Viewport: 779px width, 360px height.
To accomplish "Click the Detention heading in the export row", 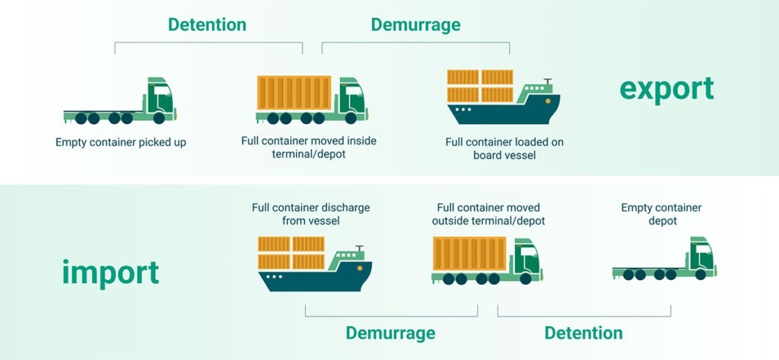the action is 207,24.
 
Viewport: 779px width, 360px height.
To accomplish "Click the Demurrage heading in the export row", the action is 416,25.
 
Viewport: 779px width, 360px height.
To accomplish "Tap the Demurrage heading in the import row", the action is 390,333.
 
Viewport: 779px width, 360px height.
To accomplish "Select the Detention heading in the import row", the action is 583,333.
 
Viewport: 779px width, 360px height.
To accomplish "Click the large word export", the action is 666,90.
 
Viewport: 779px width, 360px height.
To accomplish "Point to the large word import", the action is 111,272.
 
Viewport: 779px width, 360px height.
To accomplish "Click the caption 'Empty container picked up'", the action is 121,143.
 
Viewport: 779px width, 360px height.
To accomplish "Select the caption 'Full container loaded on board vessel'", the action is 504,148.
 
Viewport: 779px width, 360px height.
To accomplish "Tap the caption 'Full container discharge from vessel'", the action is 311,214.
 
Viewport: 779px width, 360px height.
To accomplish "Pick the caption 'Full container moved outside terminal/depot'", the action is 488,214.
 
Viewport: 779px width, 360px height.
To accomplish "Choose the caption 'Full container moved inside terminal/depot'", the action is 309,147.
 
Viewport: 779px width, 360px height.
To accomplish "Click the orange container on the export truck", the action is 294,93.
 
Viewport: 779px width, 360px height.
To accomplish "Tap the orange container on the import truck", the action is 469,253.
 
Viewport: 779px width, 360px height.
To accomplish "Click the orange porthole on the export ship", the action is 548,100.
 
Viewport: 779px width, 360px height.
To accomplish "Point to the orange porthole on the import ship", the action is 359,267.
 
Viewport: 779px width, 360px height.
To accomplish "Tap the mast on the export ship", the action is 548,82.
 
